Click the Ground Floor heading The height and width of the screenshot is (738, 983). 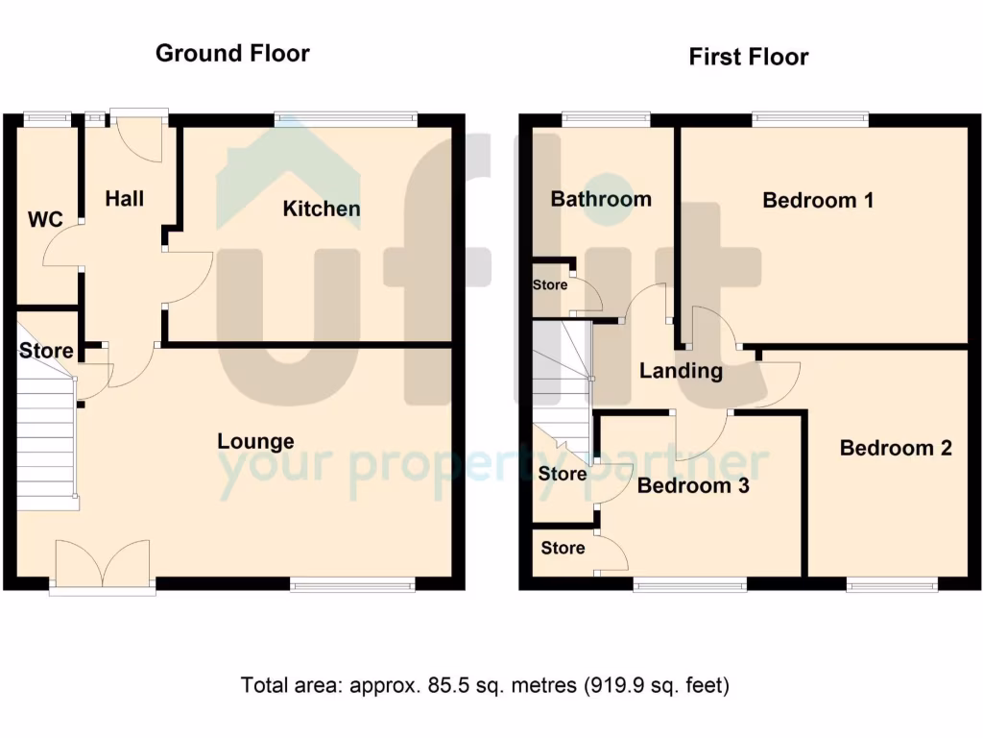point(232,53)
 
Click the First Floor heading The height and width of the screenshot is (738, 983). point(748,57)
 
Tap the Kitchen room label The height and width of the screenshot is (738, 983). point(322,209)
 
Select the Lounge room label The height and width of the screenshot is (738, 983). point(255,441)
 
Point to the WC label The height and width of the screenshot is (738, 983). point(45,220)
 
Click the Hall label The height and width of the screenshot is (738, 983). point(125,198)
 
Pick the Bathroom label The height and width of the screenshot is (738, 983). point(601,199)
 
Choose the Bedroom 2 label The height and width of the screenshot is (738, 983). point(896,448)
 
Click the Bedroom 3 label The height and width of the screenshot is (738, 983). point(693,485)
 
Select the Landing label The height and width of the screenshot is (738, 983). point(681,371)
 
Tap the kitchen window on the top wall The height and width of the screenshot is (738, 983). point(346,119)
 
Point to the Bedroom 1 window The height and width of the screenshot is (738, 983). point(810,119)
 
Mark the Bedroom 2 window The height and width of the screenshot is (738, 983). point(892,583)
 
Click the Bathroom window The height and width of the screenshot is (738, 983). point(605,119)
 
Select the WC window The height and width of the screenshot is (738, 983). point(47,119)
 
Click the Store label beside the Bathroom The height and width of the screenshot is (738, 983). point(551,285)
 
